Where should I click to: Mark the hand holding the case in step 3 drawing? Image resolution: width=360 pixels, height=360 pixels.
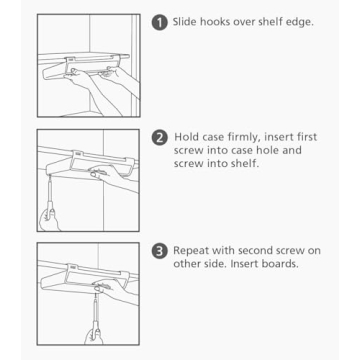(122, 291)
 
